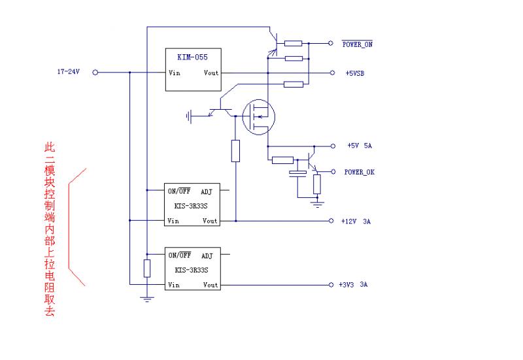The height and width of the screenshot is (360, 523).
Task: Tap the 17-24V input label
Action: tap(68, 72)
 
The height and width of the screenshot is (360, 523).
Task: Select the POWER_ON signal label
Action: tap(358, 44)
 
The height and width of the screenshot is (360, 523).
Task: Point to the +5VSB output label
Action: tap(355, 73)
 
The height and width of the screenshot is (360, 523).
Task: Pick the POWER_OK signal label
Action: tap(359, 172)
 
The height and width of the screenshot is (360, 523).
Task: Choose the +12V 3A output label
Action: tap(356, 221)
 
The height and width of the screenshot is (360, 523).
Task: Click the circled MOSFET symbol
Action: tap(258, 116)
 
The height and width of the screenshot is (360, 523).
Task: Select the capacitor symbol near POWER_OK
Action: tap(297, 174)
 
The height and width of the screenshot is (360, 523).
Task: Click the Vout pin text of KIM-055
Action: tap(211, 73)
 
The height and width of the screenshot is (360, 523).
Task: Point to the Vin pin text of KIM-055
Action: tap(175, 73)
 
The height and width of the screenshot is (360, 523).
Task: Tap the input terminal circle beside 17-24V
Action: tap(95, 73)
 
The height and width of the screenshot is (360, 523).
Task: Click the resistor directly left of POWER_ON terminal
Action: tap(294, 44)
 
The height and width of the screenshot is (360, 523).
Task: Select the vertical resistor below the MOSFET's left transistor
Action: tap(235, 151)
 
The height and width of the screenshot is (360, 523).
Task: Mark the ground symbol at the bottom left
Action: tap(147, 299)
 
